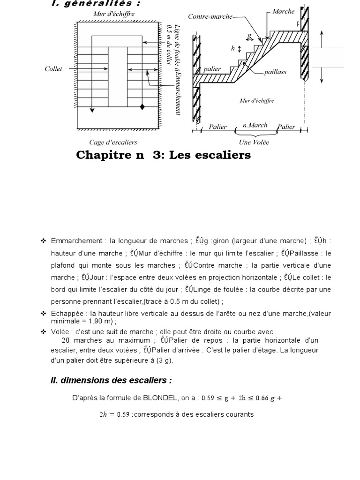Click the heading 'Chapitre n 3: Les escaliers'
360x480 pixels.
163,155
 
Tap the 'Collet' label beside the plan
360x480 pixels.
53,69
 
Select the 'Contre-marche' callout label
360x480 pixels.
210,16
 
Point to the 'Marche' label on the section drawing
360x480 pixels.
284,11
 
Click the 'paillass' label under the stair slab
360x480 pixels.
275,72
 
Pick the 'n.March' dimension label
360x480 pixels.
255,125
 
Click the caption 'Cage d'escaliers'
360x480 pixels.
113,142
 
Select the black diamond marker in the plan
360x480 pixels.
142,107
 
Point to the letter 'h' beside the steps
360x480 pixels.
232,48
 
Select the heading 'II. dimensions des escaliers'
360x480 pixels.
111,380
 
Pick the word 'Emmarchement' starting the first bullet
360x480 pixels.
76,241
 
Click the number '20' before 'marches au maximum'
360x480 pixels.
66,340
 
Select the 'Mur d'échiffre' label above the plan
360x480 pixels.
114,14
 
